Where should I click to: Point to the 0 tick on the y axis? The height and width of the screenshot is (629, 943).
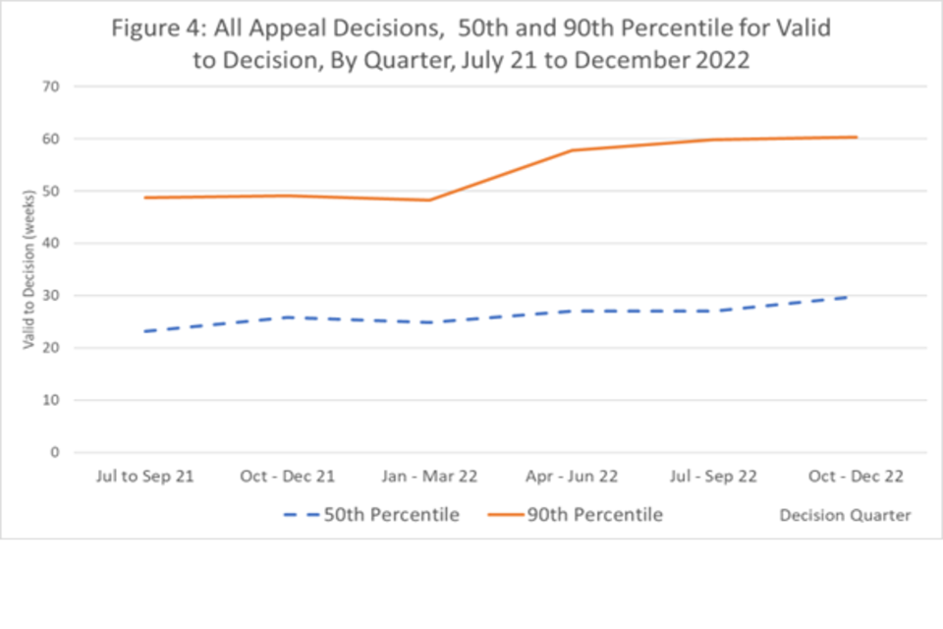click(55, 453)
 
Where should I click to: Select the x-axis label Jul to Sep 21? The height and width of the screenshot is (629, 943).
click(145, 477)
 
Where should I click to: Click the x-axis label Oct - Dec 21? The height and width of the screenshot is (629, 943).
click(288, 477)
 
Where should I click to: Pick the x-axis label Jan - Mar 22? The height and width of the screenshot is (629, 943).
click(429, 477)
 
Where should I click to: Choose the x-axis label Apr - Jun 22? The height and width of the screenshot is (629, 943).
click(572, 477)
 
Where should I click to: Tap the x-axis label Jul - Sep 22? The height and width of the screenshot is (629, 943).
click(714, 477)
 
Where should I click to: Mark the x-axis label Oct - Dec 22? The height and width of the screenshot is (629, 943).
click(856, 477)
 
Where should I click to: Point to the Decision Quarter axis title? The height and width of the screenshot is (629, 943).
click(845, 515)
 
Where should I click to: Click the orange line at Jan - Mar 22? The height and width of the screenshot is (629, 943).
click(429, 200)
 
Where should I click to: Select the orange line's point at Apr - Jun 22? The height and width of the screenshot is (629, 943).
click(572, 150)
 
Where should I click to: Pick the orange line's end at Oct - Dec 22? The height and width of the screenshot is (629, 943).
click(856, 138)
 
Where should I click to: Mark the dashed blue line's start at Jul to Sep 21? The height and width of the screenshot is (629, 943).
click(145, 331)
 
